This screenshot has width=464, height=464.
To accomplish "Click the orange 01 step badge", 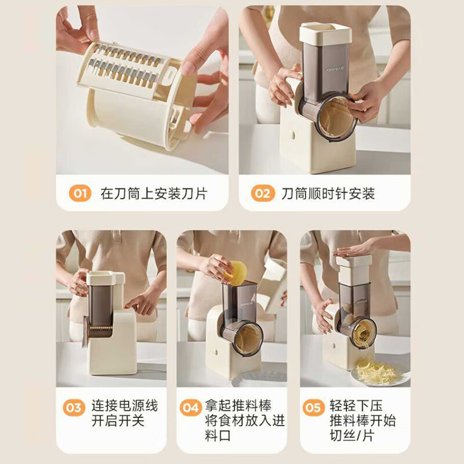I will coord(80,193).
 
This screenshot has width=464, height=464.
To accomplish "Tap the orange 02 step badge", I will coord(263,193).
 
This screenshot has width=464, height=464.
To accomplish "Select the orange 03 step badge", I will coord(74,408).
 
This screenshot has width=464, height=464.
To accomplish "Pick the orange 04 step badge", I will coord(190,408).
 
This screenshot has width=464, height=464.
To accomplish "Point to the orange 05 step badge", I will coord(313,408).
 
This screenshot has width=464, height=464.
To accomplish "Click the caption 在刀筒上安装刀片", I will coord(153,193).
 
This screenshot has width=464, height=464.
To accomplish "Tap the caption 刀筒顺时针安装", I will coord(328,193).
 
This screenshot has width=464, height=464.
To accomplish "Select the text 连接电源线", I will coord(124,405).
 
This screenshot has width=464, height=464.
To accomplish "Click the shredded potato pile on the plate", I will coord(378,371).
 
